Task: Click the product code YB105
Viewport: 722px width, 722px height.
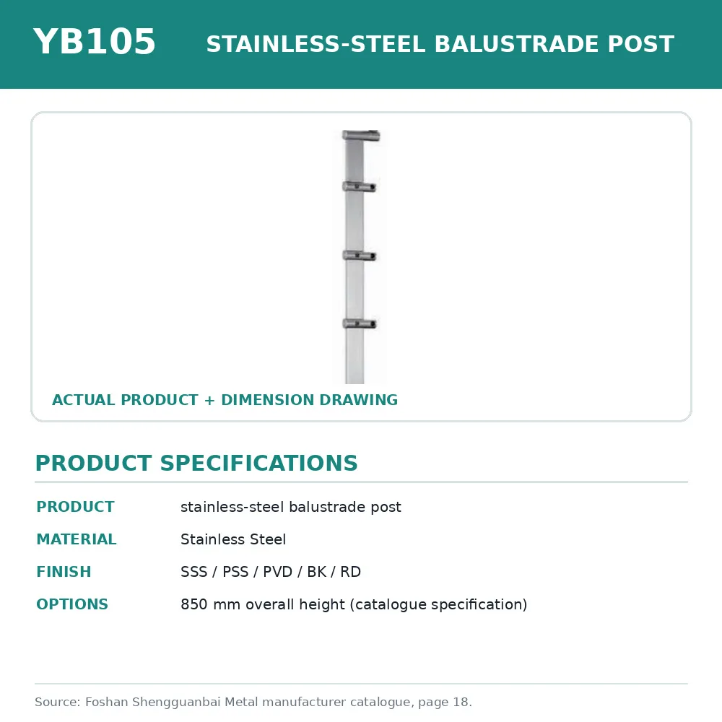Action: pos(95,41)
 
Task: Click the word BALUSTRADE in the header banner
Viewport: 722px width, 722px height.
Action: pos(517,44)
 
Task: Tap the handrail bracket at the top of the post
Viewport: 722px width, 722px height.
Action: pos(361,136)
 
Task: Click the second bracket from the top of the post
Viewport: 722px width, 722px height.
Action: pos(359,186)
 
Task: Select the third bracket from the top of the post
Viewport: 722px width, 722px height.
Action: pos(359,256)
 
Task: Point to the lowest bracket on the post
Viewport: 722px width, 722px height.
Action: pos(359,323)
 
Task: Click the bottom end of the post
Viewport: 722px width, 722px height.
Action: pos(355,383)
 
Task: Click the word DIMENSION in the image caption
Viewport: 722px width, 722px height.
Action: pos(268,400)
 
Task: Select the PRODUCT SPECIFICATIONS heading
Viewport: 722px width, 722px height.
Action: pos(196,463)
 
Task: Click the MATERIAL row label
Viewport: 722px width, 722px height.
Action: pos(77,539)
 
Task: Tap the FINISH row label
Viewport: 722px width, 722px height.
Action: pos(64,571)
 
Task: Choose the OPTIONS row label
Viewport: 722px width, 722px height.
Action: pos(72,604)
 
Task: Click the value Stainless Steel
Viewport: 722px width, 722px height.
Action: pos(233,539)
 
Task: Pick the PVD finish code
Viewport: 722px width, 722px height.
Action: pos(278,572)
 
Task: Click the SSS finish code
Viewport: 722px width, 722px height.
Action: pos(193,572)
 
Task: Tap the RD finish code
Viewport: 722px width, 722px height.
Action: pos(350,572)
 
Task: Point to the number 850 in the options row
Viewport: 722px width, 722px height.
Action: pos(193,604)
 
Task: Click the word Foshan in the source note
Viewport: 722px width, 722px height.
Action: pos(106,702)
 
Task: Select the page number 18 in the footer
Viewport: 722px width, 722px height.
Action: pos(461,702)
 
